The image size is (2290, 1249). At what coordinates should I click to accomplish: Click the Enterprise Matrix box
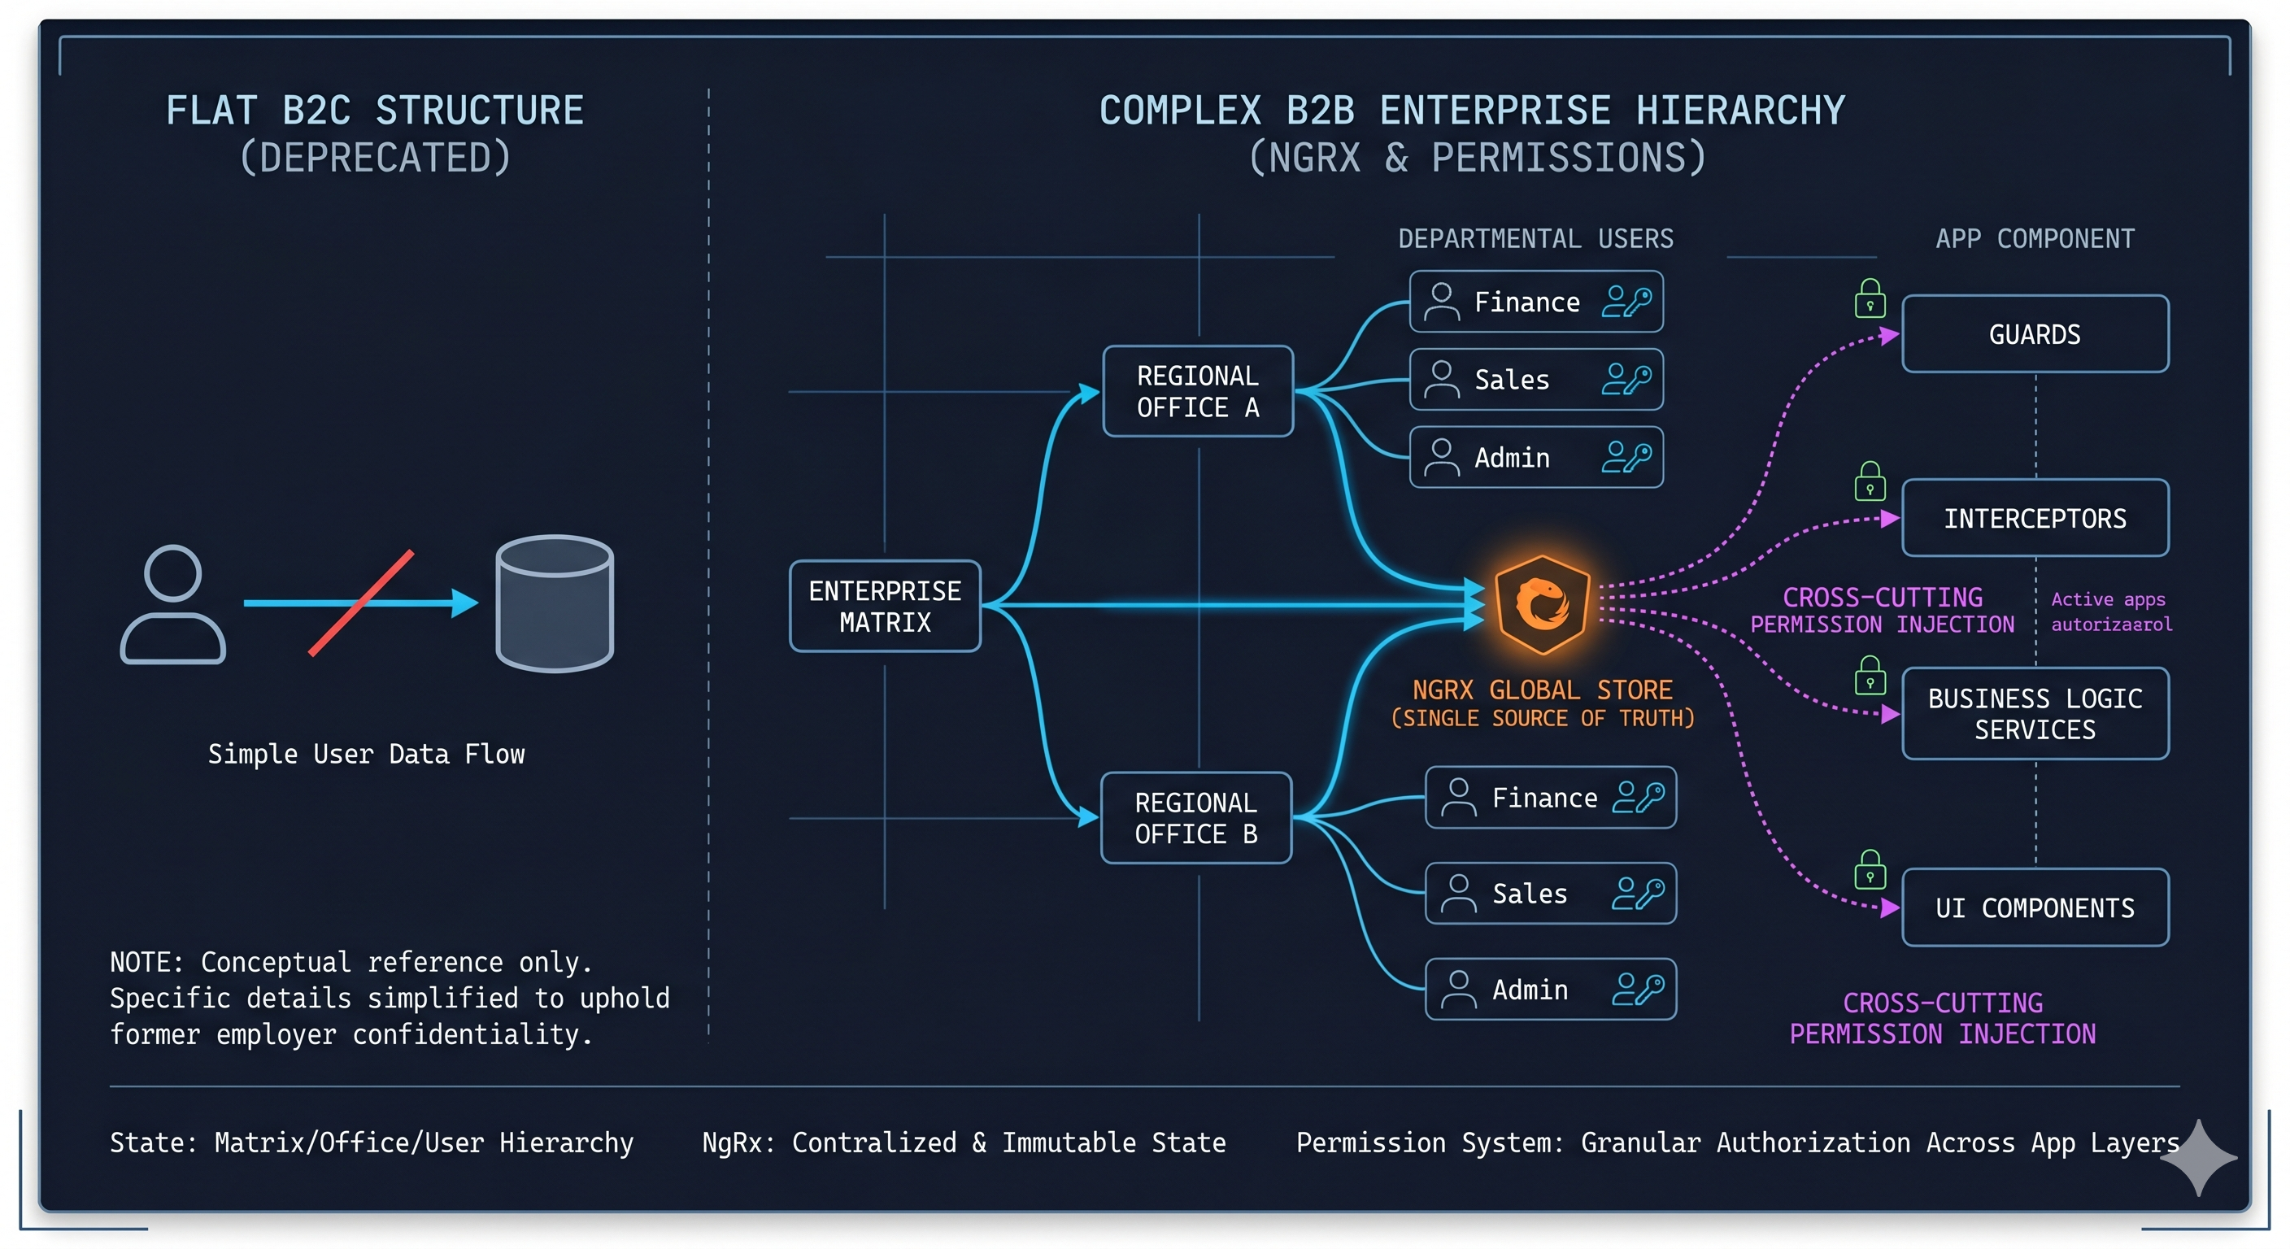(x=885, y=607)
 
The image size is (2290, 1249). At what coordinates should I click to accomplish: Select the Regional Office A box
(x=1197, y=391)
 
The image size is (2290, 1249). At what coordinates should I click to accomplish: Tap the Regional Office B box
(x=1195, y=818)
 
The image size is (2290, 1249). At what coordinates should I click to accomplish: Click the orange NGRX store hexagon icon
(x=1542, y=604)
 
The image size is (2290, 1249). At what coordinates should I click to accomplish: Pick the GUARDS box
(x=2034, y=334)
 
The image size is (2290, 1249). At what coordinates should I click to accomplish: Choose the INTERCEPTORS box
(x=2034, y=518)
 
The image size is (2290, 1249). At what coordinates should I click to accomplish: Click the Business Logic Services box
(x=2034, y=714)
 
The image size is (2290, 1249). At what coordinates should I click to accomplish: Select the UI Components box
(x=2034, y=907)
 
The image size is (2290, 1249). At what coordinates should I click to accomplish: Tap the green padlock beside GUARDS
(x=1870, y=299)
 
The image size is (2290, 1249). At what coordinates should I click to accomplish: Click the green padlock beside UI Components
(x=1870, y=870)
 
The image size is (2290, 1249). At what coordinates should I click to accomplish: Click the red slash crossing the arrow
(x=361, y=603)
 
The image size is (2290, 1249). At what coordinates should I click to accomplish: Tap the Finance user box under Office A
(x=1535, y=302)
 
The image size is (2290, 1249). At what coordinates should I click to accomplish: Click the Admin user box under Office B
(x=1550, y=990)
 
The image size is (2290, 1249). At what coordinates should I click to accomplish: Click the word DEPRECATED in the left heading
(x=375, y=159)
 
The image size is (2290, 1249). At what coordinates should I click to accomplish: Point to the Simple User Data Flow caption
(x=366, y=754)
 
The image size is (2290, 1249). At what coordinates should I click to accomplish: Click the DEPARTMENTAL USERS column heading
(x=1535, y=238)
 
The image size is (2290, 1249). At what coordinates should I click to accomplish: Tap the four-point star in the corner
(x=2199, y=1157)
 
